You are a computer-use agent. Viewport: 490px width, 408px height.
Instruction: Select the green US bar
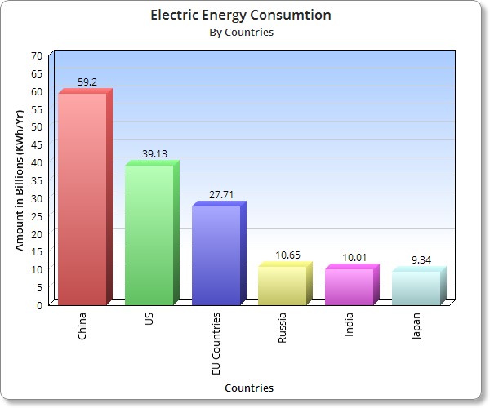point(149,234)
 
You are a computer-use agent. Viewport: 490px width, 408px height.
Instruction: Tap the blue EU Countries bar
point(216,255)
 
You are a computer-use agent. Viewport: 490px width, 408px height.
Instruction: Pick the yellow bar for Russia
point(282,285)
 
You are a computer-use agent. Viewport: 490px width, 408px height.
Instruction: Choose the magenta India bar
point(349,286)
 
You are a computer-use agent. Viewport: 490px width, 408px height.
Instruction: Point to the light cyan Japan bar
point(416,287)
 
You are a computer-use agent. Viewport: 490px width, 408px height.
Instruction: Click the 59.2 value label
point(88,82)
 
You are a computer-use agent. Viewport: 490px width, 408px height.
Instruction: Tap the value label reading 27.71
point(220,194)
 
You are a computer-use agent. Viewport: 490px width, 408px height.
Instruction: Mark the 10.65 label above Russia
point(287,255)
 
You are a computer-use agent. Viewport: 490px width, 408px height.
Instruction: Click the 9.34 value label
point(421,259)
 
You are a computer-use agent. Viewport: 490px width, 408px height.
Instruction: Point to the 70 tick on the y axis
point(36,55)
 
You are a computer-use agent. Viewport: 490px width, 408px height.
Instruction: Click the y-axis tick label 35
point(36,180)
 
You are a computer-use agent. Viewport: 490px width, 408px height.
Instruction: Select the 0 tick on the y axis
point(39,305)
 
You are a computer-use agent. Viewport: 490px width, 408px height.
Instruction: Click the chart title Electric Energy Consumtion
point(241,16)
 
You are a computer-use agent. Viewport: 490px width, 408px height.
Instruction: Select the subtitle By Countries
point(241,33)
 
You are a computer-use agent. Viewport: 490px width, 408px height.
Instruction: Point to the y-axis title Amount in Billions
point(20,180)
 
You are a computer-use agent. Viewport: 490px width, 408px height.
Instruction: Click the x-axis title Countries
point(249,388)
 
